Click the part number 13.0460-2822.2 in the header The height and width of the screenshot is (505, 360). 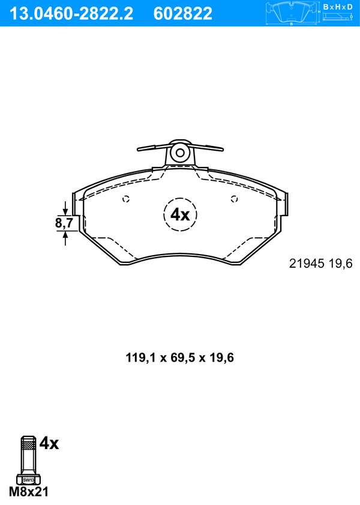pyautogui.click(x=71, y=14)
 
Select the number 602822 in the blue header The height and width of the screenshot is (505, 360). pyautogui.click(x=183, y=14)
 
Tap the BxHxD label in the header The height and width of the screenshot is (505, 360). pyautogui.click(x=338, y=7)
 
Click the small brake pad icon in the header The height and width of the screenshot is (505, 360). pyautogui.click(x=292, y=13)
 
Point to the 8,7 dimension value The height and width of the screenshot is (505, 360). pyautogui.click(x=64, y=223)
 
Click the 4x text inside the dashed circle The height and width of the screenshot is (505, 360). pyautogui.click(x=180, y=214)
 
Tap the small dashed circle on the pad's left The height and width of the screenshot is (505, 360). pyautogui.click(x=126, y=199)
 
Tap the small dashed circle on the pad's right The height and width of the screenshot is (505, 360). pyautogui.click(x=235, y=199)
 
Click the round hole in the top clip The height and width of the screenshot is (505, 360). pyautogui.click(x=180, y=153)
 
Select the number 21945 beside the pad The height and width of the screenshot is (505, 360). pyautogui.click(x=307, y=264)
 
